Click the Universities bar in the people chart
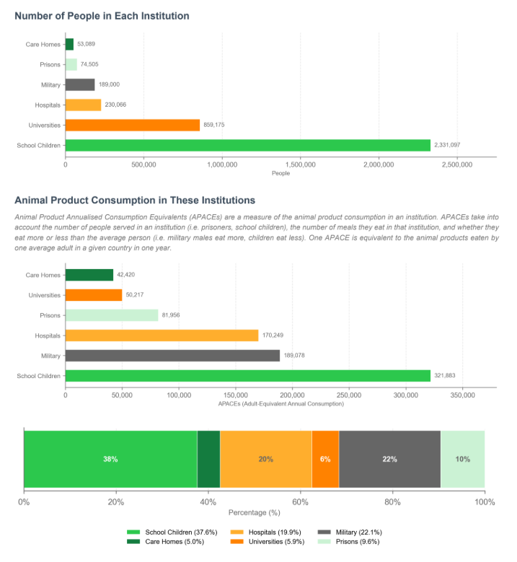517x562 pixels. (133, 125)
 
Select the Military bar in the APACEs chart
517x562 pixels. (172, 356)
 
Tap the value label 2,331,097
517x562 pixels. (447, 145)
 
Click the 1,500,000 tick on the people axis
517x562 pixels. (300, 165)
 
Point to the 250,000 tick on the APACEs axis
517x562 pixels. (349, 395)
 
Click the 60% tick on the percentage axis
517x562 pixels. (300, 502)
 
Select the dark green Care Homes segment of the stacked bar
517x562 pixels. (208, 459)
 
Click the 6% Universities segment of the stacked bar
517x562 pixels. (325, 459)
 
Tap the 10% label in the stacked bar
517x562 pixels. (462, 459)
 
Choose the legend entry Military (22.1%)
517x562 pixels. (350, 532)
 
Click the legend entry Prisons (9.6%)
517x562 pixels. (348, 542)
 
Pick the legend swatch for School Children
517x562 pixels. (133, 532)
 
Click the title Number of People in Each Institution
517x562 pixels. (102, 16)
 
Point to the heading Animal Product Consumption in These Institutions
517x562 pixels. (135, 200)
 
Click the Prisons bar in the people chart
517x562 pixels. (71, 64)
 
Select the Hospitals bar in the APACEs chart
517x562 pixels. (162, 335)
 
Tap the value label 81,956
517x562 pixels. (171, 315)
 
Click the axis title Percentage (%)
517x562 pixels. (255, 513)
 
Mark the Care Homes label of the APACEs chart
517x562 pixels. (43, 276)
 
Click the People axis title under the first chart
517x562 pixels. (281, 173)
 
